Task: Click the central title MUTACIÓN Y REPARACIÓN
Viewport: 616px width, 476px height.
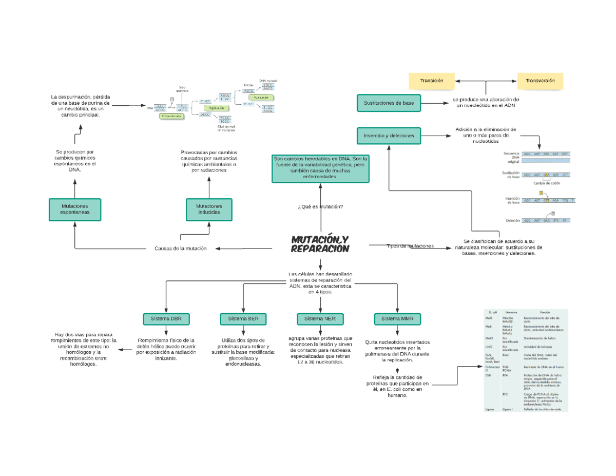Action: tap(320, 244)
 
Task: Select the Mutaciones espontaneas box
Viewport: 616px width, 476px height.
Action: tap(74, 209)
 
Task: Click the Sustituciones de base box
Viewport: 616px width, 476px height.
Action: tap(389, 103)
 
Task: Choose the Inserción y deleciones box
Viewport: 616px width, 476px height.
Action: tap(389, 136)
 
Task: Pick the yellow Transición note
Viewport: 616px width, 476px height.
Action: tap(431, 81)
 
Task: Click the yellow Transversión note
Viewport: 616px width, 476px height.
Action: tap(540, 81)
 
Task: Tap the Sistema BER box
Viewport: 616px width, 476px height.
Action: tap(243, 319)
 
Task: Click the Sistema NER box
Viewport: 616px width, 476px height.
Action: tap(320, 319)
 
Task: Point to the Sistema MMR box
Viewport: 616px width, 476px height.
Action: tap(397, 319)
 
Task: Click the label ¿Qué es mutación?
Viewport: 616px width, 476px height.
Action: tap(320, 206)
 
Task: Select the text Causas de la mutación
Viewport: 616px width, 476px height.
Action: tap(180, 249)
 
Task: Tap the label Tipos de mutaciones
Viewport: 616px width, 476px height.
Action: tap(410, 246)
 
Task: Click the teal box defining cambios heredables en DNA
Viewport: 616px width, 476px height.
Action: tap(320, 168)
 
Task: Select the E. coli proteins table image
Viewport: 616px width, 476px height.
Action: tap(526, 360)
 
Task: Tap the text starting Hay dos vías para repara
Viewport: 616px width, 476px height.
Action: tap(84, 349)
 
